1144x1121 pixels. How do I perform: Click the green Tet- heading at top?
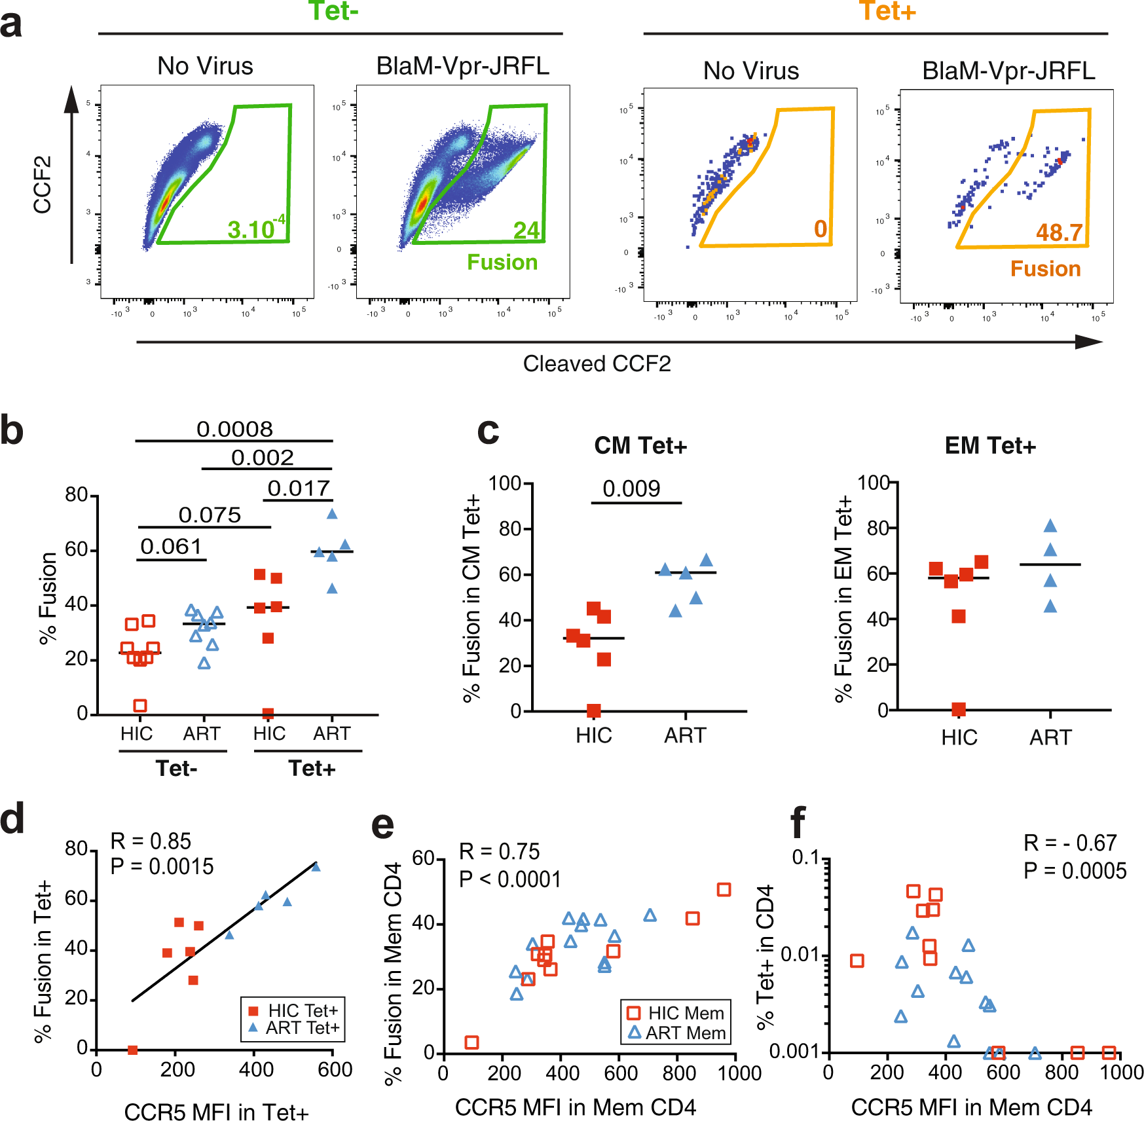click(333, 11)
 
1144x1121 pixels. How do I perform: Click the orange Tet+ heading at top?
click(887, 11)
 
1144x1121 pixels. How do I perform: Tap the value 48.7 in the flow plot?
click(1059, 232)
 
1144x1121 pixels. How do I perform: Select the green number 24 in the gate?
click(526, 230)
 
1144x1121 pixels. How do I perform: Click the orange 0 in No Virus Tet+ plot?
click(821, 229)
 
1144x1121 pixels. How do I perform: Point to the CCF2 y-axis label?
click(43, 185)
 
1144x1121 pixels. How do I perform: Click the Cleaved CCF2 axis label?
click(597, 363)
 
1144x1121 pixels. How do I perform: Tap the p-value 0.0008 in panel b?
click(234, 429)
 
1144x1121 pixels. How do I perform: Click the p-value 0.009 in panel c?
click(631, 488)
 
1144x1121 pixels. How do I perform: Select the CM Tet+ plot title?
click(640, 446)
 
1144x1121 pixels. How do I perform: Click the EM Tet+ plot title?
click(990, 446)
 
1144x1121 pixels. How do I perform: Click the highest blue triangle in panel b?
click(332, 514)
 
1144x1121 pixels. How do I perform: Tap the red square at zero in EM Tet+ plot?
click(959, 709)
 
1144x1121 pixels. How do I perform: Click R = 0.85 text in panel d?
click(151, 841)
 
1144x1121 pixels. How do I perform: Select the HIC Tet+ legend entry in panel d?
click(294, 1010)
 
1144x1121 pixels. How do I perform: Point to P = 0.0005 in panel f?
click(1075, 871)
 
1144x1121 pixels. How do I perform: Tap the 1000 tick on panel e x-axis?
click(739, 1073)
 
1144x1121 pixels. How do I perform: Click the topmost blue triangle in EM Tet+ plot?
click(1050, 526)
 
